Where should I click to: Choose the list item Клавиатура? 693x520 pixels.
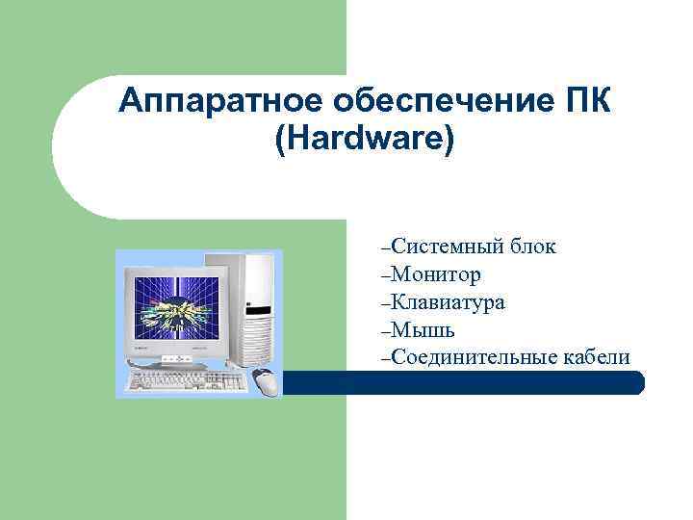click(449, 303)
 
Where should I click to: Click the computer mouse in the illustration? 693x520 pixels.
click(267, 381)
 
